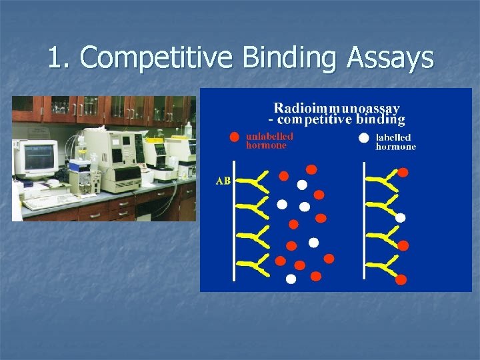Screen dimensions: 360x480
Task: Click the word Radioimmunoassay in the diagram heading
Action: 337,107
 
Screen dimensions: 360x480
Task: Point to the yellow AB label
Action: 223,181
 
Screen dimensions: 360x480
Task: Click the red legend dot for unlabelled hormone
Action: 234,137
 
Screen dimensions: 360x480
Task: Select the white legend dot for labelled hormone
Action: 364,138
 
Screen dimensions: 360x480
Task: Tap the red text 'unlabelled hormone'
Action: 269,141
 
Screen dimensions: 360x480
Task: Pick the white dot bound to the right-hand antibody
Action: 400,217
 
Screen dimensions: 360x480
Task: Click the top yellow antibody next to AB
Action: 251,181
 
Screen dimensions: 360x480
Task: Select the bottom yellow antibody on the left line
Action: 251,265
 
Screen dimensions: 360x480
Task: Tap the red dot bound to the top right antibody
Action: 403,173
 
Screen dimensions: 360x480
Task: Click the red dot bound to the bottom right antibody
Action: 401,280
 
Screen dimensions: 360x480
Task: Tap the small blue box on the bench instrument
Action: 81,161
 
